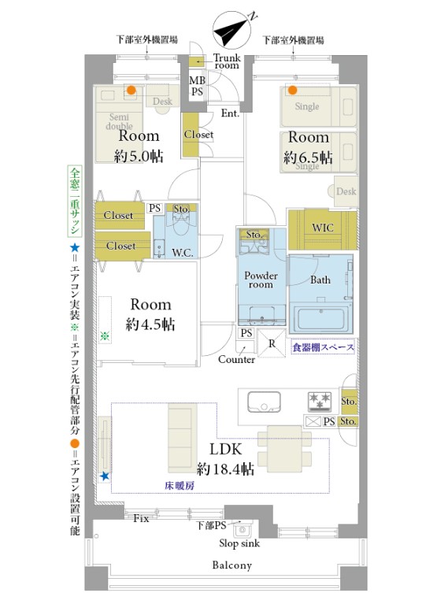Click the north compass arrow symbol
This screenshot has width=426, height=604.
pos(232,29)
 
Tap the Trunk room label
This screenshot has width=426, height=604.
pos(227,61)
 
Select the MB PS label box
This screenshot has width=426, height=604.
pos(197,86)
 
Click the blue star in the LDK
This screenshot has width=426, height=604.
pos(105,476)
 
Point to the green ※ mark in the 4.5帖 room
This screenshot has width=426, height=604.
pos(105,336)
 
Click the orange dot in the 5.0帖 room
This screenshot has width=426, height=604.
pos(132,90)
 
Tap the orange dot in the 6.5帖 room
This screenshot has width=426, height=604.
pos(292,91)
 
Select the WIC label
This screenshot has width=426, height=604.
pos(323,228)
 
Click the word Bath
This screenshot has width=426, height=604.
pos(320,280)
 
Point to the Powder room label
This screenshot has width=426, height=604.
pos(261,280)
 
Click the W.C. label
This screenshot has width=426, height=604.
pos(183,253)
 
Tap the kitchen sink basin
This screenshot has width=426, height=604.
pos(264,402)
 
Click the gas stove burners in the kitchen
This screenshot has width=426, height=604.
pos(320,400)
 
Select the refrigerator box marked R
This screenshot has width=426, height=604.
pos(272,343)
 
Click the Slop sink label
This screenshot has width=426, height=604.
pos(239,543)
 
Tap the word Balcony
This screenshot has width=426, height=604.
pos(232,565)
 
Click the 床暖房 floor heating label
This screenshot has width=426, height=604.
pos(180,486)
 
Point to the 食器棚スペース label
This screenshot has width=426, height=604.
pos(323,347)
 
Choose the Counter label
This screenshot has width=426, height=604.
pos(236,359)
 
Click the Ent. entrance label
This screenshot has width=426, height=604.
pos(231,113)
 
